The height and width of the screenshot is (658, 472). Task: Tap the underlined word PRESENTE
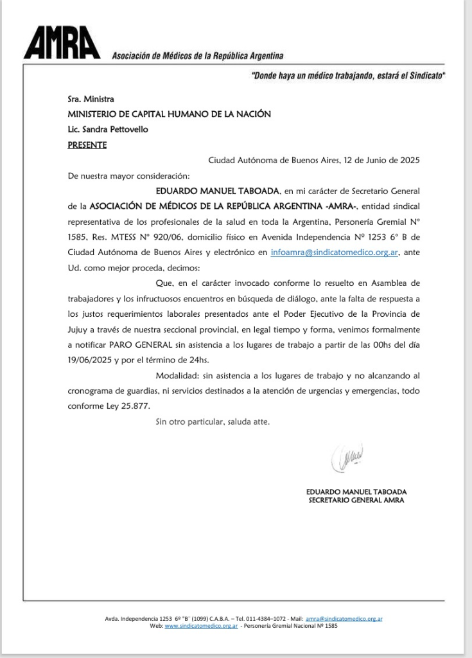pyautogui.click(x=87, y=145)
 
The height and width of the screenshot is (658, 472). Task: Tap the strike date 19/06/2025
pyautogui.click(x=89, y=360)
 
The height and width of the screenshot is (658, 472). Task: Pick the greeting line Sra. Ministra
pyautogui.click(x=91, y=99)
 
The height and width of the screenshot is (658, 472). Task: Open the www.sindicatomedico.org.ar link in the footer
pyautogui.click(x=202, y=625)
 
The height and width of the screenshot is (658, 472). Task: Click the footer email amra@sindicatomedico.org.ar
pyautogui.click(x=344, y=618)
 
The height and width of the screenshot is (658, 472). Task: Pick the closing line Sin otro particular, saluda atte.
pyautogui.click(x=213, y=422)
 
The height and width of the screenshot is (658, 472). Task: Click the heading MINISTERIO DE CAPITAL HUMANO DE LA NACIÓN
pyautogui.click(x=169, y=114)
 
